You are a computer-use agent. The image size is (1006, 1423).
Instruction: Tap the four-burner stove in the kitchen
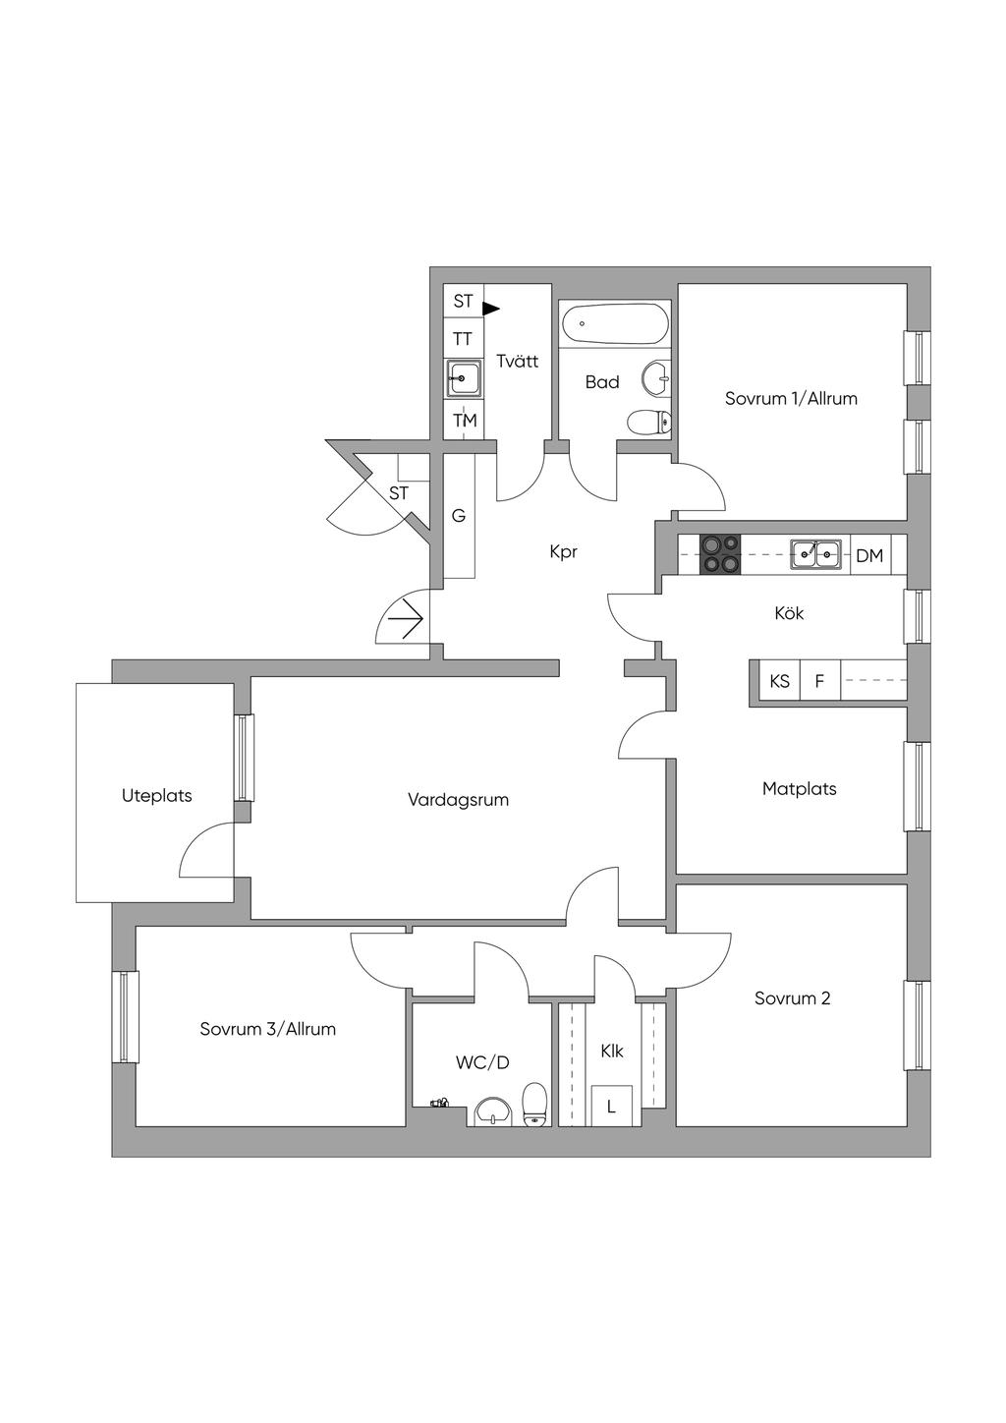point(719,554)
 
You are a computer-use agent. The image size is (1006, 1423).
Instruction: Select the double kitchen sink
point(816,554)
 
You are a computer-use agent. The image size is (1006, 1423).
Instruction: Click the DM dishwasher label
point(869,556)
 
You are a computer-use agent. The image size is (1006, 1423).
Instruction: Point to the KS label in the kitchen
point(779,681)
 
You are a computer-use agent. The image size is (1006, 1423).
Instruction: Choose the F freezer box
point(820,681)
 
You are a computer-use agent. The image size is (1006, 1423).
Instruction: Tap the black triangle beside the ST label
point(491,309)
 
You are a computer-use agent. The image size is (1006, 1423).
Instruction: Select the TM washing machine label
point(465,421)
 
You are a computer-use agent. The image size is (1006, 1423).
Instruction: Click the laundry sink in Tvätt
point(464,378)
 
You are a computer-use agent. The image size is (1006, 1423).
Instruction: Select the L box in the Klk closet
point(612,1106)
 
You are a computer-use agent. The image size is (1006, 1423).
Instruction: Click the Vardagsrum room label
point(458,799)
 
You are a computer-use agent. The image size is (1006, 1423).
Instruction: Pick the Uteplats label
point(157,795)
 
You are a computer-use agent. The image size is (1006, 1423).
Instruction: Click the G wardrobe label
point(459,515)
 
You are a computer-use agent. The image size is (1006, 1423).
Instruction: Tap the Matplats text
point(799,788)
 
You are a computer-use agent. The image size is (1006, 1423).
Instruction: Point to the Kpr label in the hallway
point(563,551)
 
